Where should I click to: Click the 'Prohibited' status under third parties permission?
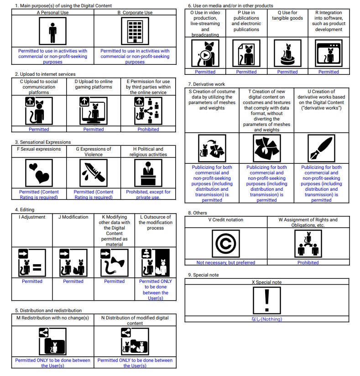(148, 130)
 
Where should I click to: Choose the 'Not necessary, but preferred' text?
(226, 262)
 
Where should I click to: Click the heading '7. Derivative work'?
(207, 84)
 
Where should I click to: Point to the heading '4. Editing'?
(26, 209)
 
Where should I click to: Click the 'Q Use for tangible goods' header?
(287, 16)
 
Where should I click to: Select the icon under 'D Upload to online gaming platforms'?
(94, 111)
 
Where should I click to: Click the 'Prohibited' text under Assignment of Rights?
(308, 262)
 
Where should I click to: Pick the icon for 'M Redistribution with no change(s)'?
(52, 341)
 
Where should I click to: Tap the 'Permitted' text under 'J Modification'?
(73, 282)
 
